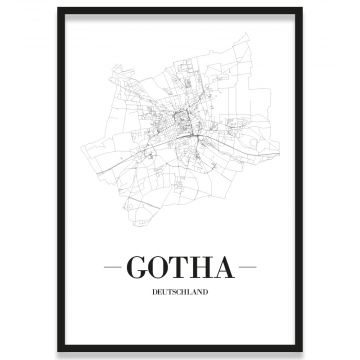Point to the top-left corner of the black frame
coord(58,9)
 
